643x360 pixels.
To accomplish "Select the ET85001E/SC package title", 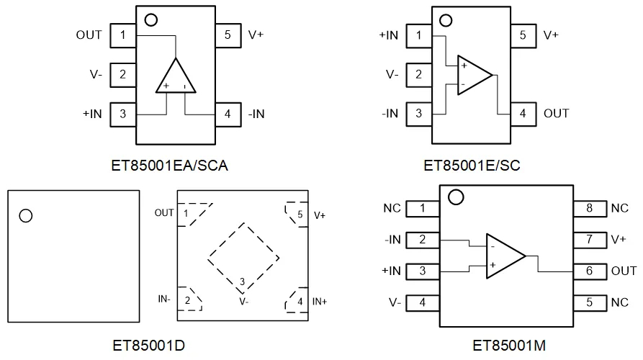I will point(472,166).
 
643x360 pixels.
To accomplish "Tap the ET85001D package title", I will point(149,346).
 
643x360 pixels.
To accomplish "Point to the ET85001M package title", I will point(509,346).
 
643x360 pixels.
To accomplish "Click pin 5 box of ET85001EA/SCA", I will point(228,35).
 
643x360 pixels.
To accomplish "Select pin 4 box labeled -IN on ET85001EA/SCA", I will point(228,114).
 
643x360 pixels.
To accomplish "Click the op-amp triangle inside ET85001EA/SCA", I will point(176,77).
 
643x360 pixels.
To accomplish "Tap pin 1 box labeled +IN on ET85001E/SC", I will point(418,35).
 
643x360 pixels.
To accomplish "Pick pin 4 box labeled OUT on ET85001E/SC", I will point(523,114).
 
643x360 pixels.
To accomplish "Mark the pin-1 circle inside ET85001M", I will point(456,196).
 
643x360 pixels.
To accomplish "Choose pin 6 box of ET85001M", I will point(589,271).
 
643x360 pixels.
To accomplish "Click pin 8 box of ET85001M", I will point(589,209).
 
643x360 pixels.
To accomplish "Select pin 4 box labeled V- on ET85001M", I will point(423,302).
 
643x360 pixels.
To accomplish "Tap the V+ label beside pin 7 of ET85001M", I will point(618,240).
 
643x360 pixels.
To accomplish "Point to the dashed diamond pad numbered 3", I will point(243,254).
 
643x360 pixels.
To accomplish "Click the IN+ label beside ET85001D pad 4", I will point(320,301).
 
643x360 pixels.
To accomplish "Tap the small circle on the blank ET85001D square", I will point(26,215).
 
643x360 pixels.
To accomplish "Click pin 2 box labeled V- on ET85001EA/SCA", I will point(123,74).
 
